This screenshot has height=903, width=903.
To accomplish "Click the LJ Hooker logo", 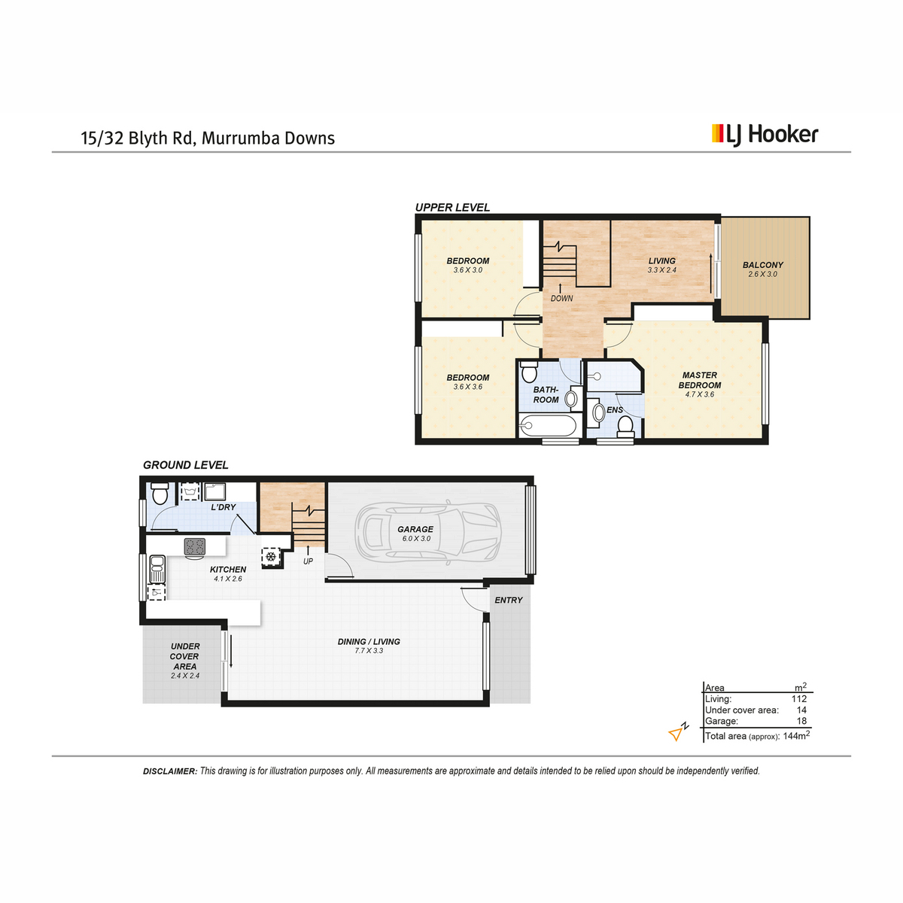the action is point(765,135).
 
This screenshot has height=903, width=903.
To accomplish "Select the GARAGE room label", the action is point(415,529).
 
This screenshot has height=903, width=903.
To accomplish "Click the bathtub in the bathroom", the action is point(547,425).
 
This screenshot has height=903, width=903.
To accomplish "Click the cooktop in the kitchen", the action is point(194,546).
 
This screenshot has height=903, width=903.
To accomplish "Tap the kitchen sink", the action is point(157,569).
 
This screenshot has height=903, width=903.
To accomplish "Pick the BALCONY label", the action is point(763,265).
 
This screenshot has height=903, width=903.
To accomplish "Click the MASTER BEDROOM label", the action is point(700,380).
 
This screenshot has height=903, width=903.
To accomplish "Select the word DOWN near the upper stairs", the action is point(561,299).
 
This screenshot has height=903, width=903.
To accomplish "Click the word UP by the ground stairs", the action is point(308,561).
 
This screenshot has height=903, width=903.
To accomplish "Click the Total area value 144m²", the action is point(796,736).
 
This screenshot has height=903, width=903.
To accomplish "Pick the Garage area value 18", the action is point(801,721).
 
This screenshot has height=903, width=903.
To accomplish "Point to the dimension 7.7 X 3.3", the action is point(369,650).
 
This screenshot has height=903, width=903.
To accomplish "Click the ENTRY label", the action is point(509,600).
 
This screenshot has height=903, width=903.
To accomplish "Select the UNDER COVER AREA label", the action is point(184,656).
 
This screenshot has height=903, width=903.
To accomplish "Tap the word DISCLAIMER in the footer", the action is point(170,771).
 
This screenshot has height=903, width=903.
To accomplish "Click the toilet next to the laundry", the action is point(160,494).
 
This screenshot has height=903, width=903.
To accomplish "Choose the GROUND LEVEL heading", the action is point(186,465).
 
